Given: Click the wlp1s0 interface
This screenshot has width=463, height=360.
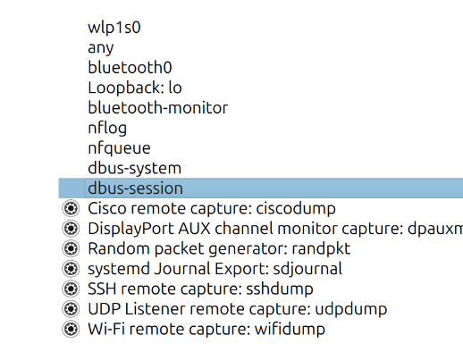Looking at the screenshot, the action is click(x=114, y=28).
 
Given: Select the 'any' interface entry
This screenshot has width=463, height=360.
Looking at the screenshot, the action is click(x=101, y=48).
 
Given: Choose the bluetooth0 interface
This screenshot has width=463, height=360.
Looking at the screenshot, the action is click(x=130, y=67).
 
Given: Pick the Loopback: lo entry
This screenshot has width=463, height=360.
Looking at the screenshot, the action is click(x=135, y=88).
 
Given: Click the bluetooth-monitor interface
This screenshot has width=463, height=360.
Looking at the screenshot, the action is click(x=158, y=107).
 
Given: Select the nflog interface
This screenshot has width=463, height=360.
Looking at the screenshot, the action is click(x=107, y=128).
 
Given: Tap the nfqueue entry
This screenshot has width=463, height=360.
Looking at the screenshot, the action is click(x=119, y=148).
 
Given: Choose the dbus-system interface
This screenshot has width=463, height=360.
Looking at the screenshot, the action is click(x=134, y=168).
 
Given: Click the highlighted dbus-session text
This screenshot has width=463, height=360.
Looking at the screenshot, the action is click(x=135, y=188).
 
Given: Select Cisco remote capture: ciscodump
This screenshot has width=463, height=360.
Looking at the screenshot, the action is click(x=212, y=208).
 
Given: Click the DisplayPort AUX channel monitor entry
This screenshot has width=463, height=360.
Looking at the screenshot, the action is click(x=275, y=229).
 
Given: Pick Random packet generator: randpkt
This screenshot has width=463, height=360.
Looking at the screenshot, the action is click(x=219, y=248).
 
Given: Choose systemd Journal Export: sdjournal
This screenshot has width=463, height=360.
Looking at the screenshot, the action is click(x=215, y=269).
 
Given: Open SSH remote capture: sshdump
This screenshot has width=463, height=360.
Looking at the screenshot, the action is click(x=200, y=289).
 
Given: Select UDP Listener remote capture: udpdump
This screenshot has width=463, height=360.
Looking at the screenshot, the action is click(x=238, y=309).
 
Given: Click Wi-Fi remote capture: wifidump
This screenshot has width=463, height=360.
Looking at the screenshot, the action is click(x=206, y=329).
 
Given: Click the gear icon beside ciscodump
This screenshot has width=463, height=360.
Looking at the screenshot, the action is click(x=71, y=208).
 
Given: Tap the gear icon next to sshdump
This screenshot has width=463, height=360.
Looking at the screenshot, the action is click(x=71, y=289).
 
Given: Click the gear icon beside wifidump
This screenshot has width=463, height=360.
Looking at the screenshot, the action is click(x=71, y=329).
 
